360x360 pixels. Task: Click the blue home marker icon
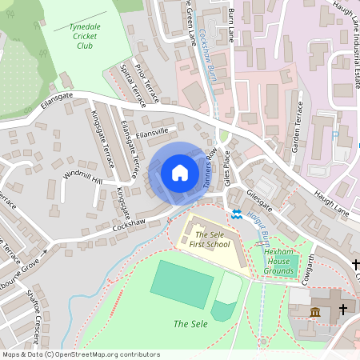[x=180, y=173]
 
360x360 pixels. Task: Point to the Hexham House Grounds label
[x=279, y=261]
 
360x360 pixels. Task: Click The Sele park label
[x=190, y=323]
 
